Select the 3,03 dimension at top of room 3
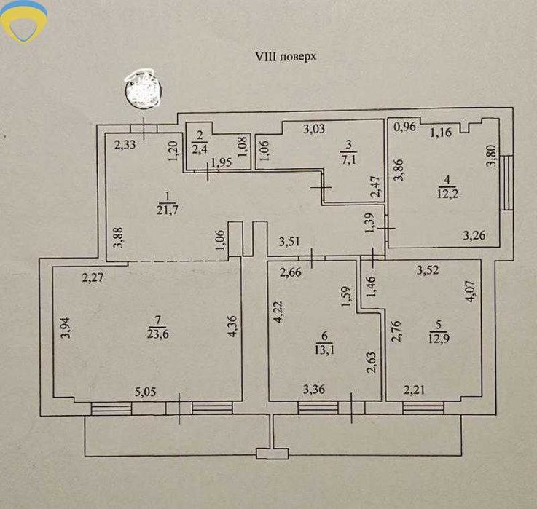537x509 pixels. (x=314, y=130)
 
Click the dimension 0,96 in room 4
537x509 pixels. (x=404, y=127)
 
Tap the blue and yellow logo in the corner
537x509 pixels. (x=24, y=21)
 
